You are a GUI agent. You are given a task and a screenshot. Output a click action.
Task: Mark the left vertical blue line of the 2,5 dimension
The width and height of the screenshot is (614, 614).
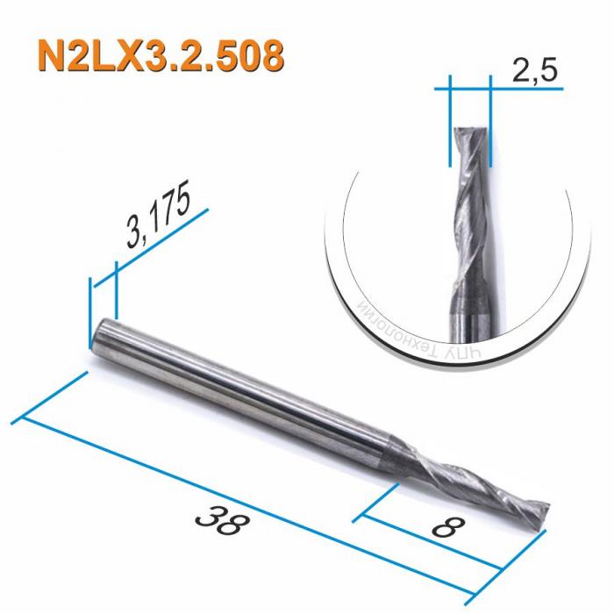449,123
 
